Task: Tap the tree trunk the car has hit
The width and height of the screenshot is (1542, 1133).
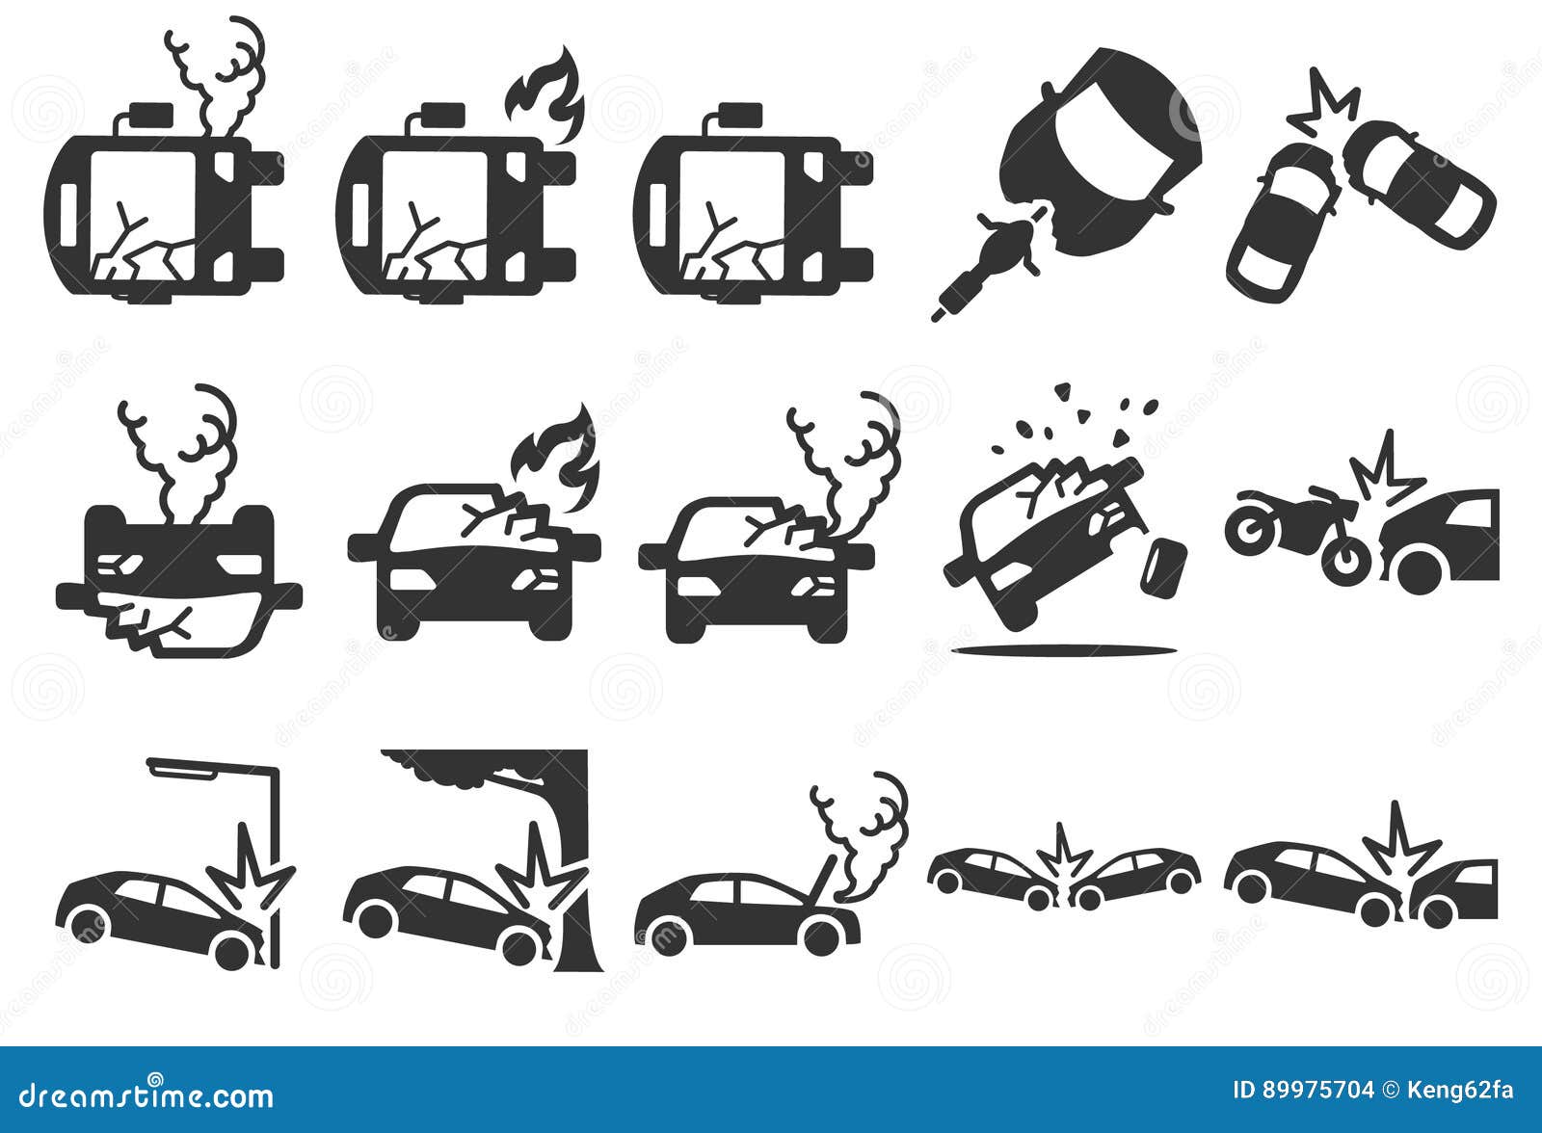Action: click(x=573, y=867)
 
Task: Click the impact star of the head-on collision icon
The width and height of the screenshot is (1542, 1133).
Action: click(x=1064, y=856)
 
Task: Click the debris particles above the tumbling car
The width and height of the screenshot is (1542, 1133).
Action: click(x=1079, y=414)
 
